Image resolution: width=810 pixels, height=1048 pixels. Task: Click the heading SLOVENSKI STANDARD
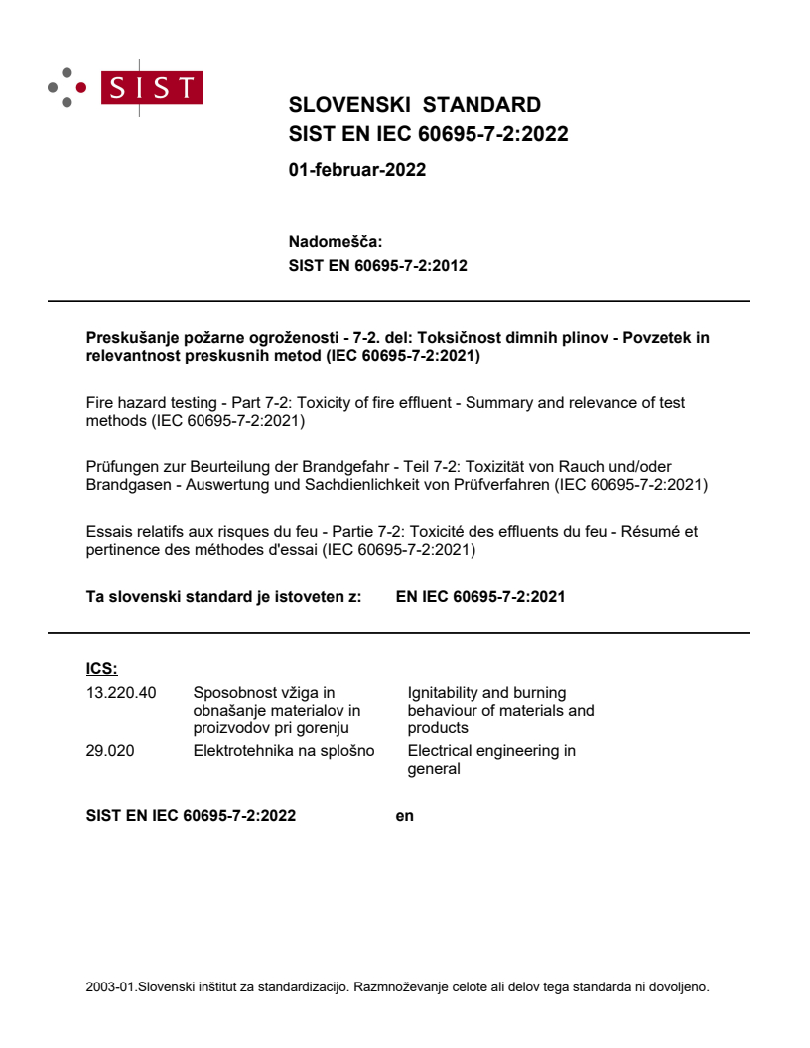[x=414, y=105]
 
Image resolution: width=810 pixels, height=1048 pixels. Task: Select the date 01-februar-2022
[x=356, y=170]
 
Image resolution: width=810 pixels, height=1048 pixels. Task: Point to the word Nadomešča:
[x=335, y=241]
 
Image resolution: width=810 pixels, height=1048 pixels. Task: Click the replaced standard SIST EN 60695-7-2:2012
[x=377, y=265]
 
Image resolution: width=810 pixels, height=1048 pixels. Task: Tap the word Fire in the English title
[x=102, y=402]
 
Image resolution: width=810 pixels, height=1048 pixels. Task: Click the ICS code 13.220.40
[x=121, y=692]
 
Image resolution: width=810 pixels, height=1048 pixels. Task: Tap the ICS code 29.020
[x=110, y=750]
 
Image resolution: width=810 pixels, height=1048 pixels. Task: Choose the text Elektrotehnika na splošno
[x=284, y=750]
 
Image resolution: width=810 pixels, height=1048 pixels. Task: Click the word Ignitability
[x=444, y=692]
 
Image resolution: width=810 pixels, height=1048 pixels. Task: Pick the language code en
[x=404, y=816]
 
